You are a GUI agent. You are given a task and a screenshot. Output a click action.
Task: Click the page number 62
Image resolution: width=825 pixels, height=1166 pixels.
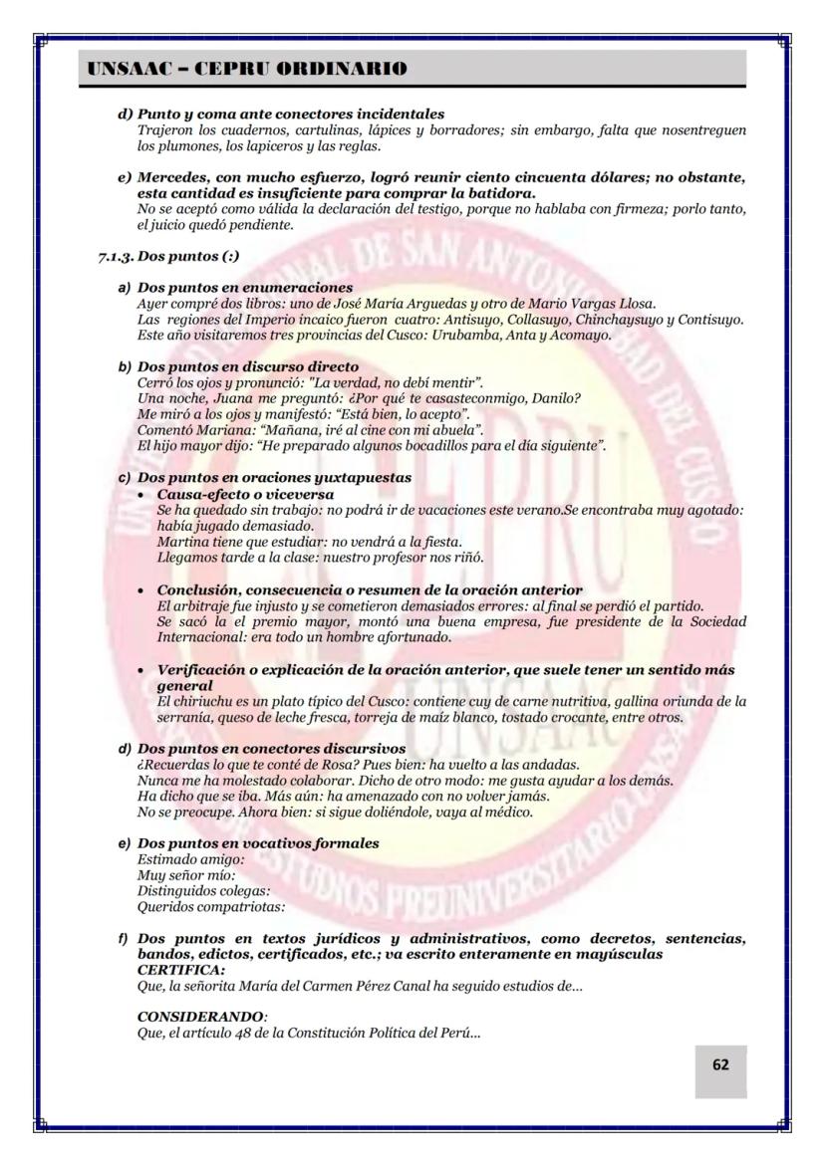point(719,1064)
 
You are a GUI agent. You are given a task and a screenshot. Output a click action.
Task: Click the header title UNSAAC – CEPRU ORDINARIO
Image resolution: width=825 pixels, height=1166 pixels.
point(247,69)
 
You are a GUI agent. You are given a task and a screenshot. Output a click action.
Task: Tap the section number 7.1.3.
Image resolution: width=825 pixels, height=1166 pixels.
point(116,256)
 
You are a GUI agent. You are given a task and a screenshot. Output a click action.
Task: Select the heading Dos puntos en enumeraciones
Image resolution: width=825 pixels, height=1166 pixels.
point(245,289)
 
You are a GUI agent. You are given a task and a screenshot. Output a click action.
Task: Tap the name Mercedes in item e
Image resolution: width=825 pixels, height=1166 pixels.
point(175,177)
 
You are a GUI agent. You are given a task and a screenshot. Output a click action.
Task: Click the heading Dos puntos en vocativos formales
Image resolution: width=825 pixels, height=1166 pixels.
point(258,843)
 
